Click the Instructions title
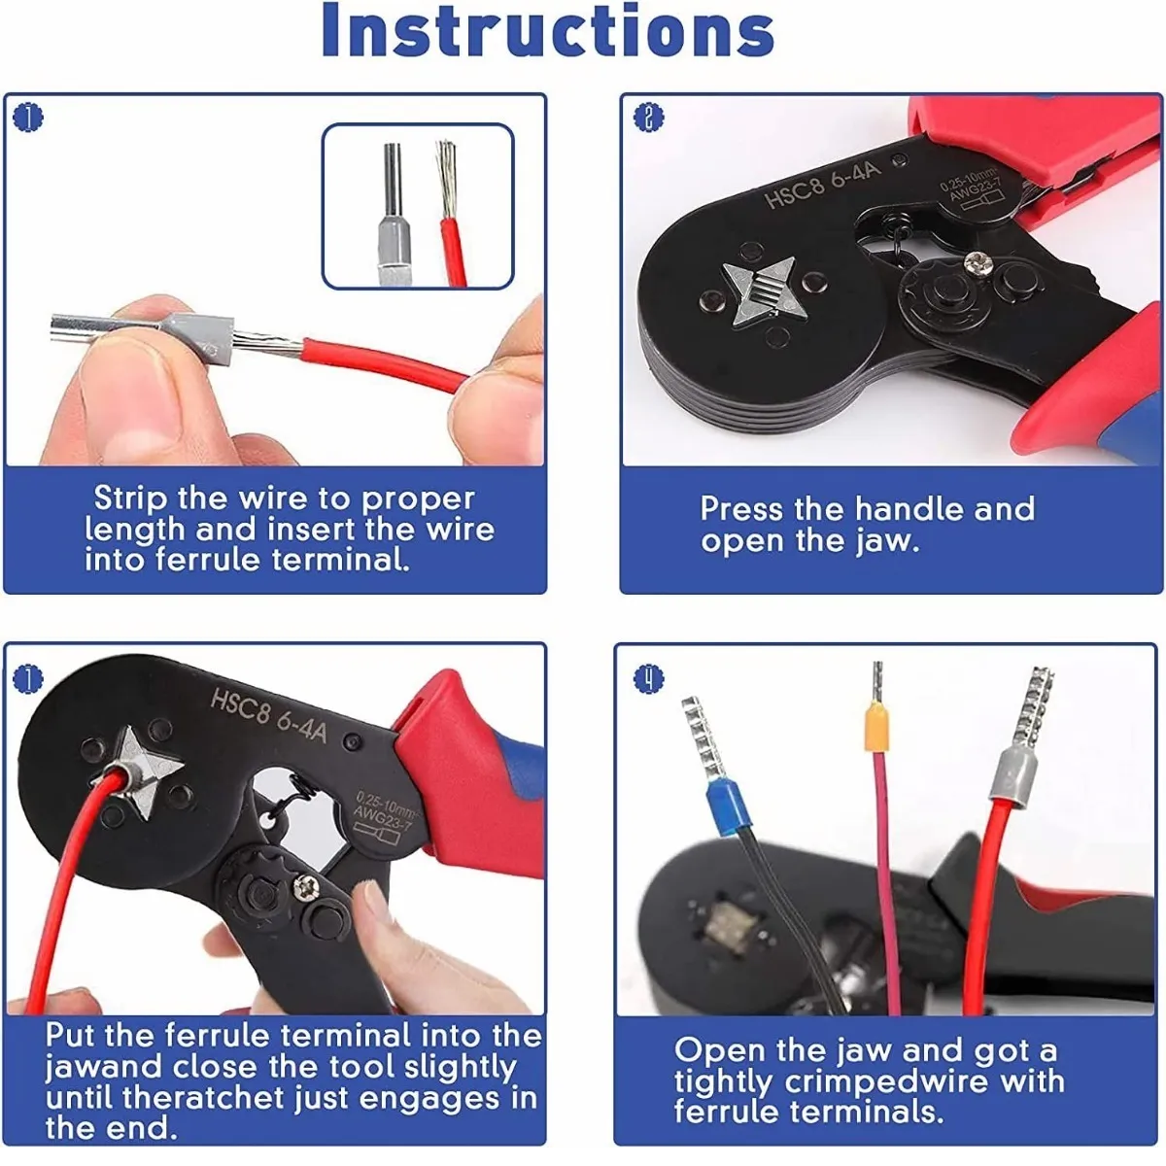pyautogui.click(x=548, y=30)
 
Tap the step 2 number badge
pyautogui.click(x=649, y=118)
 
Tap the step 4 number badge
pyautogui.click(x=649, y=678)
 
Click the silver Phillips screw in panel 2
pyautogui.click(x=977, y=263)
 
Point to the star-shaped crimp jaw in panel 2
pyautogui.click(x=765, y=292)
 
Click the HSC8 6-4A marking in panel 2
pyautogui.click(x=824, y=182)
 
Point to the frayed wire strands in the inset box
pyautogui.click(x=448, y=179)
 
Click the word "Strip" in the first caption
pyautogui.click(x=130, y=499)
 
